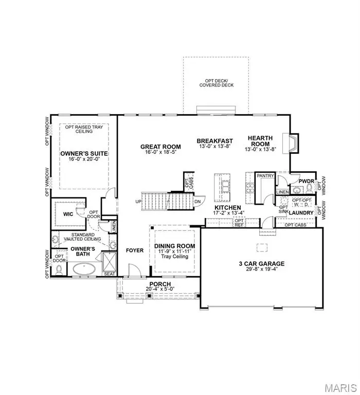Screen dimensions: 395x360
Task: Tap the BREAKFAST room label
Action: point(215,140)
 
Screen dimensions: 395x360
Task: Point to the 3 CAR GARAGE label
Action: point(261,263)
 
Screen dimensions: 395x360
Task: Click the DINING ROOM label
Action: point(175,246)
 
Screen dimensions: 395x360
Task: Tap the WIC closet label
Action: point(68,213)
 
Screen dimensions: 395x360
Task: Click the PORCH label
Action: point(156,284)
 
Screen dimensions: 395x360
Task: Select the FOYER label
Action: point(135,250)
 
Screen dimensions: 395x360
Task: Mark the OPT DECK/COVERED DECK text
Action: point(217,82)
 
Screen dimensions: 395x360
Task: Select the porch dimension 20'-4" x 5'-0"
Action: point(156,290)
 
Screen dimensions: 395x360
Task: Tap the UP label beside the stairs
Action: point(138,201)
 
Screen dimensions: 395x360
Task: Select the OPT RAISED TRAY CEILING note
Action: point(79,129)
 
